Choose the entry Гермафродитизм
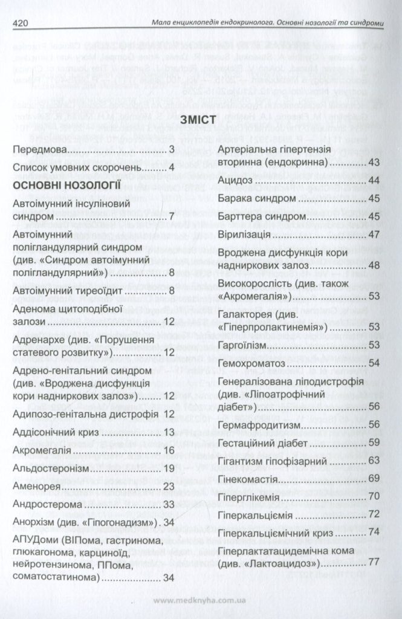pyautogui.click(x=258, y=424)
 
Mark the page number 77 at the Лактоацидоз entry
pyautogui.click(x=373, y=562)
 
